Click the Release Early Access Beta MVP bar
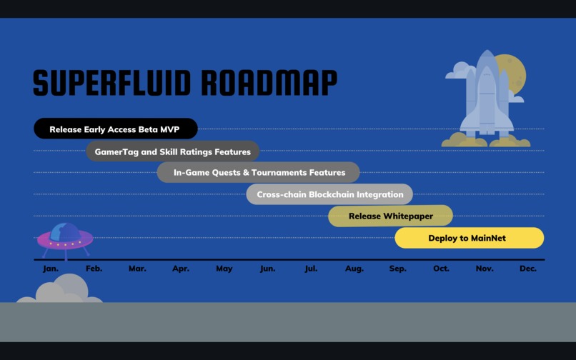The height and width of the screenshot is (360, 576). (115, 129)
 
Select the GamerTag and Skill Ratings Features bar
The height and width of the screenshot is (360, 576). (173, 151)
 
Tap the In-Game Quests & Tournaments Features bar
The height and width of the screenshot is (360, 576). (259, 172)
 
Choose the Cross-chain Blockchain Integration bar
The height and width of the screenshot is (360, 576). (329, 194)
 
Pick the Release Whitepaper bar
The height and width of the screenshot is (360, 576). (390, 216)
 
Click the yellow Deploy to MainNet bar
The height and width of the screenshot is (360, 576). (469, 238)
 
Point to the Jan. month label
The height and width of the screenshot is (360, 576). (50, 269)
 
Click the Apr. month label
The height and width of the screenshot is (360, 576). (181, 269)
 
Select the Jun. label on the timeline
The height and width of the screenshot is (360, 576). (267, 269)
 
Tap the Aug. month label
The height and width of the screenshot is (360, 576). (354, 269)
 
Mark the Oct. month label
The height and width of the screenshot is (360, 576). (441, 269)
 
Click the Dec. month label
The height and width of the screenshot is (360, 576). (527, 269)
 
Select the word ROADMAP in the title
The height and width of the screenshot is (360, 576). (269, 83)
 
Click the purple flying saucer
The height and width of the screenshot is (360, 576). (65, 240)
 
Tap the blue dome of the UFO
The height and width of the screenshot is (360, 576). (65, 231)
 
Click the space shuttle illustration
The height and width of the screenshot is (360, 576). (487, 96)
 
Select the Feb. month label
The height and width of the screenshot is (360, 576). (94, 269)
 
